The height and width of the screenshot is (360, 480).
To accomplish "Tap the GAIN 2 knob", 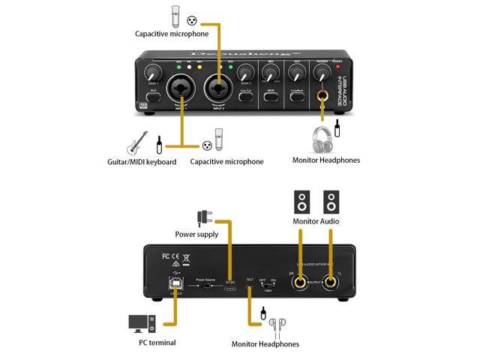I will point(244,73).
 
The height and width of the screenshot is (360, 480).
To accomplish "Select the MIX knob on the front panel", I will point(271,73).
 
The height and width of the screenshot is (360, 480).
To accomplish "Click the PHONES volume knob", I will point(324,73).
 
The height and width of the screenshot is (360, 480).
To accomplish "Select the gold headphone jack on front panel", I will point(324,95).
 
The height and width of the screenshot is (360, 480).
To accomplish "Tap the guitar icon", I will point(137,142).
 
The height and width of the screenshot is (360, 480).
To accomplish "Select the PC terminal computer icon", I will point(141,323).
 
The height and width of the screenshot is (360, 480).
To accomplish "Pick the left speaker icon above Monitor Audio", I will point(302,202).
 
